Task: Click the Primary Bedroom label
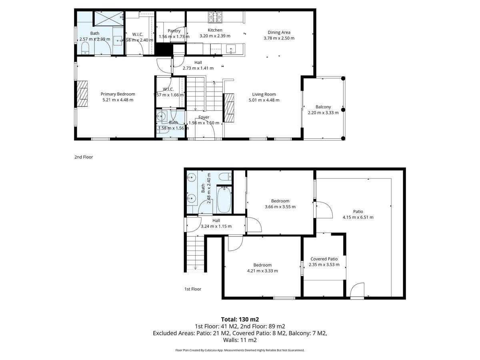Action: click(118, 94)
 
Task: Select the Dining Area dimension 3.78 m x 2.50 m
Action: click(279, 38)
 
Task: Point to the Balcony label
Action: click(323, 107)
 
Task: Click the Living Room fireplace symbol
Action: click(229, 108)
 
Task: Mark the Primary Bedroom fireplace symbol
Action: click(82, 94)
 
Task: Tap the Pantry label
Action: click(174, 31)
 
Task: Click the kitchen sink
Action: click(231, 49)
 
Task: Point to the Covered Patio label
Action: click(324, 259)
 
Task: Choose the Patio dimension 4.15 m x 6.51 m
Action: click(358, 218)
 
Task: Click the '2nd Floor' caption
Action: click(84, 157)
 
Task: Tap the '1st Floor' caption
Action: click(193, 289)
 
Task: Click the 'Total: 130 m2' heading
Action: click(240, 319)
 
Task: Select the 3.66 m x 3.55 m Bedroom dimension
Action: click(280, 207)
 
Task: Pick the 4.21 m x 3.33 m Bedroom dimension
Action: click(262, 271)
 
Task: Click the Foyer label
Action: click(204, 117)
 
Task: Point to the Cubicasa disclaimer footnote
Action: click(240, 350)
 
